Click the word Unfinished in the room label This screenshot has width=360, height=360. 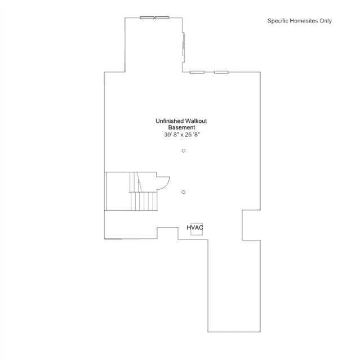tap(170, 121)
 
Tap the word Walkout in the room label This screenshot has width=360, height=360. tap(196, 121)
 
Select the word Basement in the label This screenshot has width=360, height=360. tap(181, 127)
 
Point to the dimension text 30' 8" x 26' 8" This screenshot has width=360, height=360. tap(181, 135)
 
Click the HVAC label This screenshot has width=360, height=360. tap(195, 228)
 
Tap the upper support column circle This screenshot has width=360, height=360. tap(184, 150)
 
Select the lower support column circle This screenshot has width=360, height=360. tap(184, 192)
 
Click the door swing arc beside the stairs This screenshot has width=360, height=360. tap(163, 183)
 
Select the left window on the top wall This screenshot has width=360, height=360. tap(147, 17)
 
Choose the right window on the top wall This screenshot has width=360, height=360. tap(162, 17)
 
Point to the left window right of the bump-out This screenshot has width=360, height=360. tap(197, 72)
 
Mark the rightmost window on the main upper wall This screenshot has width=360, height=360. tap(221, 72)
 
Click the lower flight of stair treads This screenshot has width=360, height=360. tap(144, 201)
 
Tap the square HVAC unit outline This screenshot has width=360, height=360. tap(197, 229)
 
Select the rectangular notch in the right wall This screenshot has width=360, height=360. tap(251, 225)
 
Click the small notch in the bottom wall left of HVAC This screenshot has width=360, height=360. tap(167, 233)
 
